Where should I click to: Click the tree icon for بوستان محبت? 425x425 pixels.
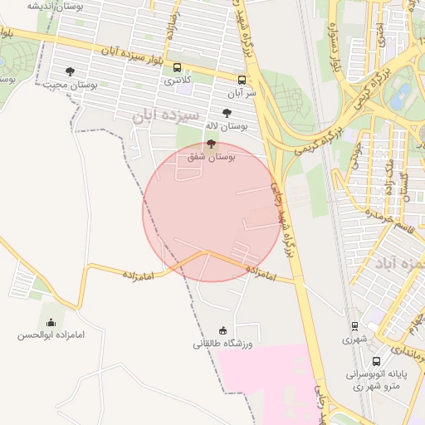tap(70, 72)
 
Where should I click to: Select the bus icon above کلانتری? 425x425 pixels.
tap(177, 67)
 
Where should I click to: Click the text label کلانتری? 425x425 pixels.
tap(178, 80)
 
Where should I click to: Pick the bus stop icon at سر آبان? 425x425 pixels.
tap(242, 81)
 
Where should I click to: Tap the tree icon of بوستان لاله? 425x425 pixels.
tap(227, 113)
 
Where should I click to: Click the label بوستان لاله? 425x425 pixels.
tap(228, 126)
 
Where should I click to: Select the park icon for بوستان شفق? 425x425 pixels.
tap(209, 143)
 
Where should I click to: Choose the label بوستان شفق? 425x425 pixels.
tap(212, 155)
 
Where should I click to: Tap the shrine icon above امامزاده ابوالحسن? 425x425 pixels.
tap(51, 322)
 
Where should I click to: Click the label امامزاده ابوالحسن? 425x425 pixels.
tap(51, 335)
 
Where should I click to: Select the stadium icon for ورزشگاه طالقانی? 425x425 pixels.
tap(222, 330)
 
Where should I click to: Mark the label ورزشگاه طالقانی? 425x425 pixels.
tap(222, 343)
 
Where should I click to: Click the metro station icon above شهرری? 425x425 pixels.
tap(354, 326)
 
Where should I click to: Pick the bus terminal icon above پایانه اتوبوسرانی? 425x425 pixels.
tap(377, 361)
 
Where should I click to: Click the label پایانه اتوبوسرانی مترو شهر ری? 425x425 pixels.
tap(373, 379)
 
